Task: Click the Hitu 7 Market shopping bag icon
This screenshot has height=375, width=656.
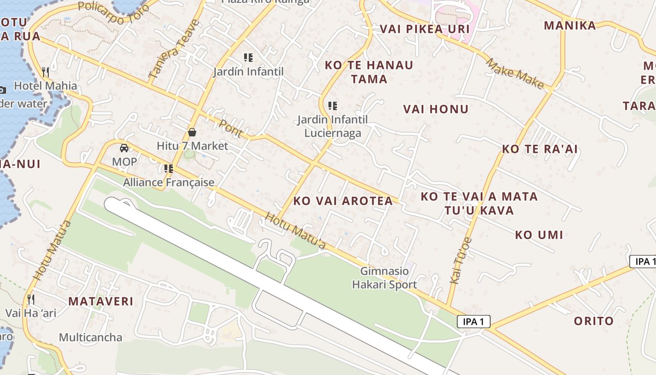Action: pyautogui.click(x=192, y=132)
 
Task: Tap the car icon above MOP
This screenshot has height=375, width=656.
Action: pyautogui.click(x=124, y=148)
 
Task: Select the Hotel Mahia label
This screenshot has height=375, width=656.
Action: pyautogui.click(x=45, y=86)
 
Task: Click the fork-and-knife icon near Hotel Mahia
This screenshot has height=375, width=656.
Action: pyautogui.click(x=45, y=72)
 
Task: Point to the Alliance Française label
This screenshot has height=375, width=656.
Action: pyautogui.click(x=169, y=182)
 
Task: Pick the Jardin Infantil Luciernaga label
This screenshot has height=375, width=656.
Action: pyautogui.click(x=333, y=126)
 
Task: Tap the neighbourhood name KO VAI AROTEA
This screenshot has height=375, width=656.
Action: pyautogui.click(x=343, y=201)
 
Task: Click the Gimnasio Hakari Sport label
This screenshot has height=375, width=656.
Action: pyautogui.click(x=384, y=277)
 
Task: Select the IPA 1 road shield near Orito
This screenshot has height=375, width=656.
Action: pyautogui.click(x=473, y=322)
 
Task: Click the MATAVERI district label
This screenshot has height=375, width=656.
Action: pyautogui.click(x=101, y=301)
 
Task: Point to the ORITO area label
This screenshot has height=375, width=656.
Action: pyautogui.click(x=594, y=321)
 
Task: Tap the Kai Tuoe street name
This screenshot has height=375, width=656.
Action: pyautogui.click(x=460, y=261)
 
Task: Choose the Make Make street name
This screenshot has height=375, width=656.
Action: pyautogui.click(x=514, y=74)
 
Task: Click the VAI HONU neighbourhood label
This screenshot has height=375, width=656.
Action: pyautogui.click(x=436, y=109)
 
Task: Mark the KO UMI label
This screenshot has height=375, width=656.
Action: pyautogui.click(x=539, y=235)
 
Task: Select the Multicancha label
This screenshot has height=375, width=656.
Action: pyautogui.click(x=90, y=337)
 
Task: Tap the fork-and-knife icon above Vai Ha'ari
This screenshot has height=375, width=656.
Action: pyautogui.click(x=31, y=299)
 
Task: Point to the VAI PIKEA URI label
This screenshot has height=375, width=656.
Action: pyautogui.click(x=425, y=29)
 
